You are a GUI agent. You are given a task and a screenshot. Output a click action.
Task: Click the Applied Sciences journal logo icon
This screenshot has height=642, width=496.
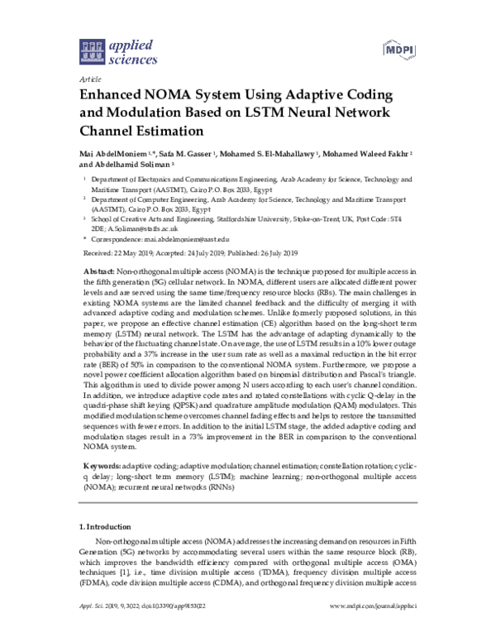pyautogui.click(x=92, y=51)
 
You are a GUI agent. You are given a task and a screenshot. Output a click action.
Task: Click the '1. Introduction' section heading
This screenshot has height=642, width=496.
pyautogui.click(x=110, y=526)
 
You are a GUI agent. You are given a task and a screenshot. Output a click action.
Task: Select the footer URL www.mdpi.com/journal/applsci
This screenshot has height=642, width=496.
pyautogui.click(x=370, y=630)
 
